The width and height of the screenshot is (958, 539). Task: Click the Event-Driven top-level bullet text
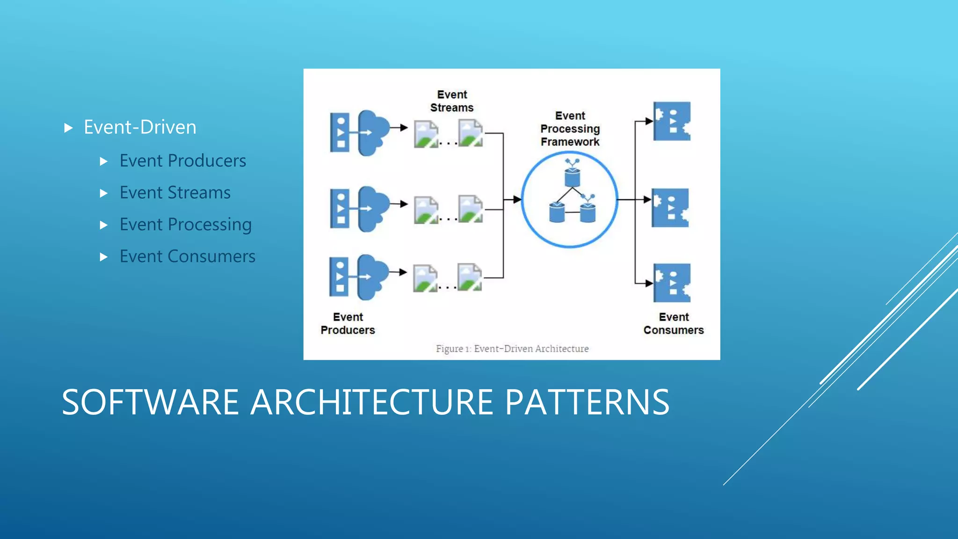(139, 127)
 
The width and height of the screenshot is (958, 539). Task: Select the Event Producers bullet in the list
(182, 161)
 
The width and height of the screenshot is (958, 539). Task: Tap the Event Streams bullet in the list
(175, 193)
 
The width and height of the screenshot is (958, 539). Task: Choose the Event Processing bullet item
(185, 225)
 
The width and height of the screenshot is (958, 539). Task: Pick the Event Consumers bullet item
(187, 256)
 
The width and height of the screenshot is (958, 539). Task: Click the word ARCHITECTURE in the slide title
(371, 402)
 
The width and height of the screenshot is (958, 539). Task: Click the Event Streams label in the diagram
(451, 101)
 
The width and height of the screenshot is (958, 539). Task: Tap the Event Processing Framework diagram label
(570, 129)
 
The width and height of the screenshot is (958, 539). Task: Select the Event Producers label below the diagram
(348, 323)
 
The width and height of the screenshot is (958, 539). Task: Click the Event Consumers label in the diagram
(673, 323)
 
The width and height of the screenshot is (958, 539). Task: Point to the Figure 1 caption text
(512, 349)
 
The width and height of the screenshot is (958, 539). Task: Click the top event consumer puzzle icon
(672, 121)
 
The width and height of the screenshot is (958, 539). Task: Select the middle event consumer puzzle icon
(670, 208)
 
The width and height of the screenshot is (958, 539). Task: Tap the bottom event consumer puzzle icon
(672, 283)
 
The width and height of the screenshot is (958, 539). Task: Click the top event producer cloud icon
(373, 133)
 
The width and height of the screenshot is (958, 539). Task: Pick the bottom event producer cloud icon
(372, 277)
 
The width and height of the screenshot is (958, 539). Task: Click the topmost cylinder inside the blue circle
(572, 177)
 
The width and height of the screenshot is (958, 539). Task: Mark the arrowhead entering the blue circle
(516, 200)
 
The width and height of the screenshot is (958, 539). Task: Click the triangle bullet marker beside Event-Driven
(68, 128)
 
